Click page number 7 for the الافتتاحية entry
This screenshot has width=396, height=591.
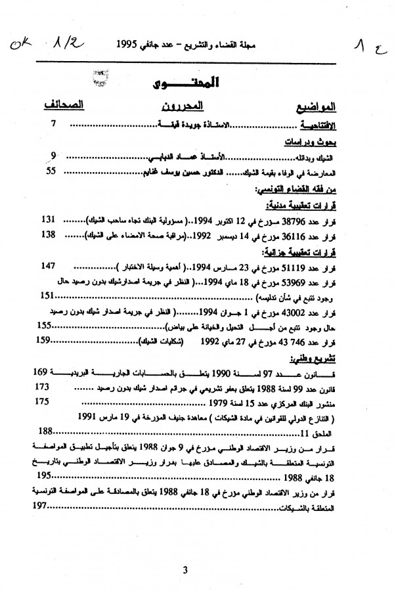(x=54, y=123)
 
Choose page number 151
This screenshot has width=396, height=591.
(x=47, y=295)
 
